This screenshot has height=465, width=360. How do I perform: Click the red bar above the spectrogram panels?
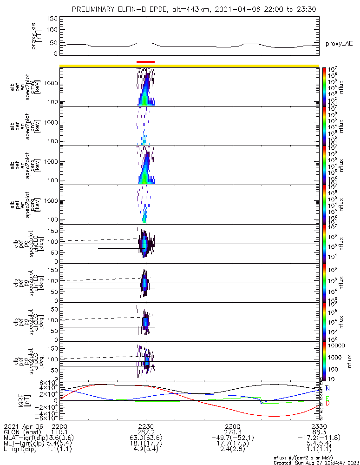[145, 61]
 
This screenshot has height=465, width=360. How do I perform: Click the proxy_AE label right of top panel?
[339, 44]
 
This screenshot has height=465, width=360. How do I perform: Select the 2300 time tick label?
[232, 426]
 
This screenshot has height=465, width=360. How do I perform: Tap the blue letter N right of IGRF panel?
[328, 388]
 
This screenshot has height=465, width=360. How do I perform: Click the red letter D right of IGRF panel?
[328, 403]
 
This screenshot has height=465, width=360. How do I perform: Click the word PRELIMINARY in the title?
[96, 9]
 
